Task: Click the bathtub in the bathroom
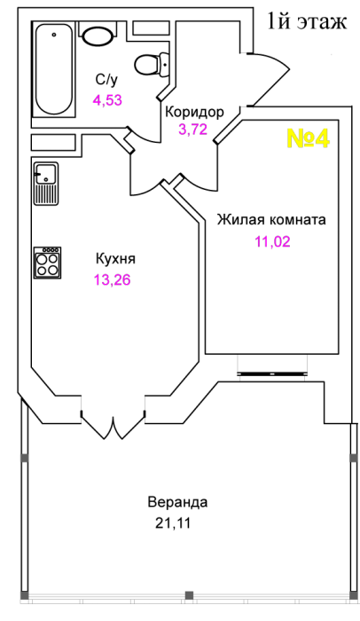pyautogui.click(x=53, y=69)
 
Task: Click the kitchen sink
pyautogui.click(x=46, y=184)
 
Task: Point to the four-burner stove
pyautogui.click(x=47, y=263)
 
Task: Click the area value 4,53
pyautogui.click(x=107, y=100)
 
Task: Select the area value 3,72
pyautogui.click(x=193, y=130)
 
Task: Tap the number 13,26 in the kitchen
pyautogui.click(x=112, y=280)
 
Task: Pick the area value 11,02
pyautogui.click(x=272, y=241)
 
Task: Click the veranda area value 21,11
pyautogui.click(x=173, y=523)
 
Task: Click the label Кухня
pyautogui.click(x=115, y=259)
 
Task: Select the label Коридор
pyautogui.click(x=194, y=112)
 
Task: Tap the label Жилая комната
pyautogui.click(x=271, y=219)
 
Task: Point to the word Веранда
pyautogui.click(x=177, y=502)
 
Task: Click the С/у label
pyautogui.click(x=106, y=80)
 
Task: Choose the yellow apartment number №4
pyautogui.click(x=308, y=138)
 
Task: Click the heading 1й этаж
pyautogui.click(x=307, y=21)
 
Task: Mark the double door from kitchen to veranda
pyautogui.click(x=113, y=426)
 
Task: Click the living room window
pyautogui.click(x=272, y=373)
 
